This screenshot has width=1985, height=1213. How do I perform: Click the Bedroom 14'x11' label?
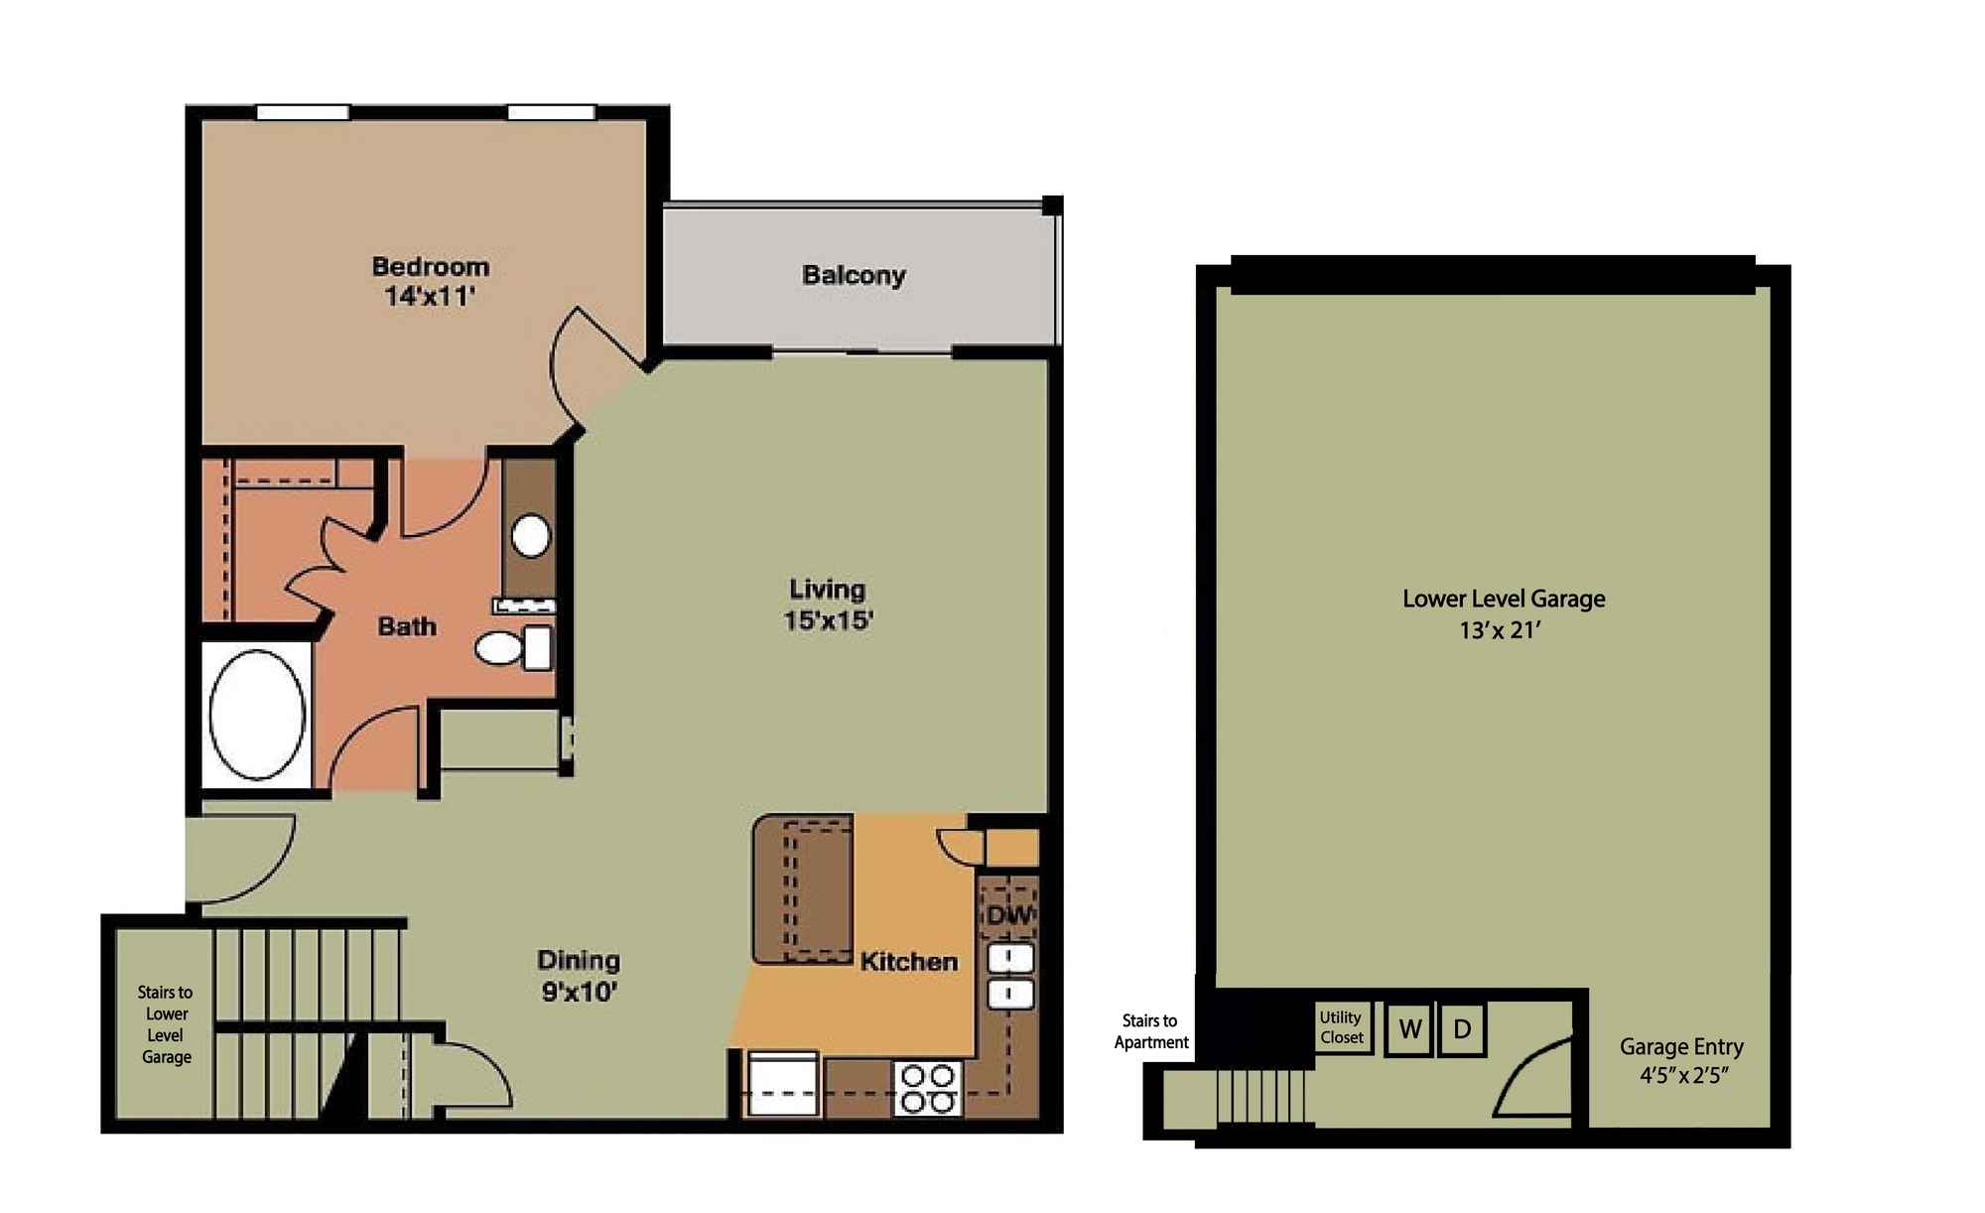(x=430, y=281)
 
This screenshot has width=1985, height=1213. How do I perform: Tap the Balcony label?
(x=854, y=275)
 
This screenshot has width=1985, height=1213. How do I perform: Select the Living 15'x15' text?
(x=828, y=604)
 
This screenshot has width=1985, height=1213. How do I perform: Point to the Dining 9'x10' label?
(x=579, y=975)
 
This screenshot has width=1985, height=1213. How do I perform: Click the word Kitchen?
(x=908, y=961)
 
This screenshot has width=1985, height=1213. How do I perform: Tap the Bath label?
(x=407, y=626)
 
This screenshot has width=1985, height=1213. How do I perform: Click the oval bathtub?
(x=257, y=715)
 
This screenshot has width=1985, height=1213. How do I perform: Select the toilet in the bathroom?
(x=513, y=647)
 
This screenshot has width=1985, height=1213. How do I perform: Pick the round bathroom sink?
(x=531, y=536)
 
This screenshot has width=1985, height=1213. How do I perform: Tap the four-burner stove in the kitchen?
(x=927, y=1089)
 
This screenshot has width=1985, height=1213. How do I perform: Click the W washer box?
(x=1409, y=1029)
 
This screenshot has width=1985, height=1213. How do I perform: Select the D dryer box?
(x=1462, y=1029)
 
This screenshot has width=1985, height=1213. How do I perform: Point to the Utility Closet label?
(x=1341, y=1027)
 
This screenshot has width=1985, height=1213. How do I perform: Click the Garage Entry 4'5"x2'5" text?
(x=1681, y=1060)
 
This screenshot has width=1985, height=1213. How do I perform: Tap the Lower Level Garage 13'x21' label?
(x=1503, y=613)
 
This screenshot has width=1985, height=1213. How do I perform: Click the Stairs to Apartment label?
(x=1151, y=1031)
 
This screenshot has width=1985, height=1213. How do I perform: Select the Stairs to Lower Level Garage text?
(x=166, y=1024)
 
